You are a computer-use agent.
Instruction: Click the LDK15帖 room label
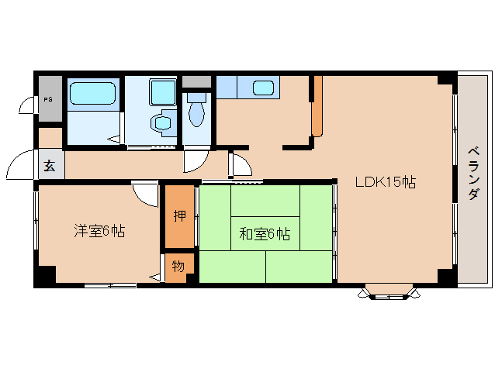click(386, 182)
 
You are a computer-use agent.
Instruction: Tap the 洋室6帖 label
click(99, 231)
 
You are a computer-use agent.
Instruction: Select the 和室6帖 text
click(265, 234)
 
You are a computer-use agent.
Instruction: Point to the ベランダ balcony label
click(473, 174)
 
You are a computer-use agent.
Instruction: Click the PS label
click(48, 100)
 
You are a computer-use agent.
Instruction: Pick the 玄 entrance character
click(49, 165)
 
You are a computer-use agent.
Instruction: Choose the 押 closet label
click(180, 215)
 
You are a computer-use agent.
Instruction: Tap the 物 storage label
click(178, 267)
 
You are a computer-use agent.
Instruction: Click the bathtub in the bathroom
click(92, 93)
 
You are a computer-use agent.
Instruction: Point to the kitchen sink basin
click(263, 88)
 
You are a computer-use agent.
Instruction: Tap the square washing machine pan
click(163, 92)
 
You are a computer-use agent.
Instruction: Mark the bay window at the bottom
click(389, 292)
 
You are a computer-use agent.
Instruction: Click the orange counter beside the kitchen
click(317, 106)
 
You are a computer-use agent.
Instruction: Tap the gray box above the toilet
click(196, 81)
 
